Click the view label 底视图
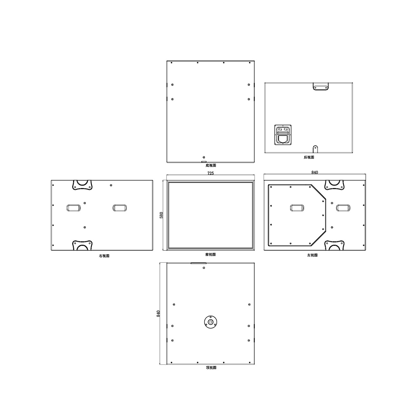211,166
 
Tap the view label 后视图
309,157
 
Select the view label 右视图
104,256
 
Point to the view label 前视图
210,254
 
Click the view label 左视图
312,255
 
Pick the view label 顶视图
211,368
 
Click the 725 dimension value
210,173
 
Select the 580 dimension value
162,215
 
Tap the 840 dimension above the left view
315,173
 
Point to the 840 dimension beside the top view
159,314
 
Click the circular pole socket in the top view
211,322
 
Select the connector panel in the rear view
283,135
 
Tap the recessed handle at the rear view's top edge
321,86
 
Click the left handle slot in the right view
73,208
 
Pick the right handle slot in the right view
119,208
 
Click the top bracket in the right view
83,185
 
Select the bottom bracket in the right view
83,245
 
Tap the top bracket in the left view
335,185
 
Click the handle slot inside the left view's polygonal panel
297,208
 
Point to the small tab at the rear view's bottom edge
315,149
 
